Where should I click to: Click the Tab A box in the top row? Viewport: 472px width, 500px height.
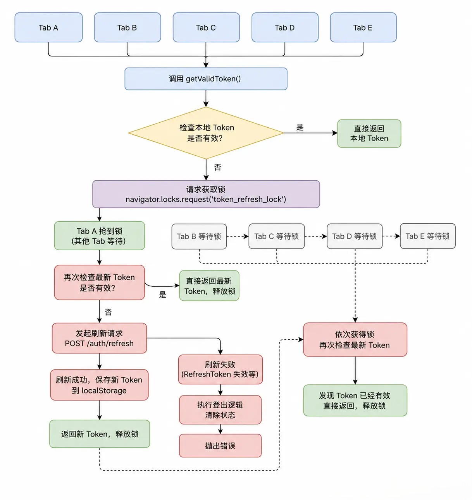pos(48,27)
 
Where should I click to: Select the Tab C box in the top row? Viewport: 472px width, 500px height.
pos(206,27)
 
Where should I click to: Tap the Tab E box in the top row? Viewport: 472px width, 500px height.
pos(363,27)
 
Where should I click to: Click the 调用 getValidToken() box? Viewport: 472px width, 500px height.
pos(206,79)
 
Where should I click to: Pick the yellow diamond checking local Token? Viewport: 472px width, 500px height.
pos(206,133)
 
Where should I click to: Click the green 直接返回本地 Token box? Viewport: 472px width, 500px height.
pos(369,134)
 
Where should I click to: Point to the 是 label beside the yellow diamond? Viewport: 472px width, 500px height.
pos(300,127)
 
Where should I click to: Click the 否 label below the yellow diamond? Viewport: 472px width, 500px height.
pos(218,167)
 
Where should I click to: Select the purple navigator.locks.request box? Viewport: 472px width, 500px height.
pos(206,194)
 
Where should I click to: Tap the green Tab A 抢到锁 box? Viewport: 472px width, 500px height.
pos(99,236)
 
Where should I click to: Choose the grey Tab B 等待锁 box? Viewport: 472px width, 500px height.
pos(199,236)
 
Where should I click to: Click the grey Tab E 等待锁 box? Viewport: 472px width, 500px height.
pos(427,236)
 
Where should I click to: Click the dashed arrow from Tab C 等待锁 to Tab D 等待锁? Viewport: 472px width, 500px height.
pos(316,236)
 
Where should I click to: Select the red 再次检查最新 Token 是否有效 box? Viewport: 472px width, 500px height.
pos(99,282)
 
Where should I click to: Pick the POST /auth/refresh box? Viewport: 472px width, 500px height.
pos(99,338)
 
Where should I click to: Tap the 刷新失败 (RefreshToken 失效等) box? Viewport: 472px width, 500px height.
pos(220,369)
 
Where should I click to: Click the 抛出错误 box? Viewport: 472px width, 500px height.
pos(220,445)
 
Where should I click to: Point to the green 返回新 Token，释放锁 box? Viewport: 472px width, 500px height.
pos(100,434)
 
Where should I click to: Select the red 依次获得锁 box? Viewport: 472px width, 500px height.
pos(355,339)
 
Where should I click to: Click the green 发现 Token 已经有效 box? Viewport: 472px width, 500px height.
pos(355,400)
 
